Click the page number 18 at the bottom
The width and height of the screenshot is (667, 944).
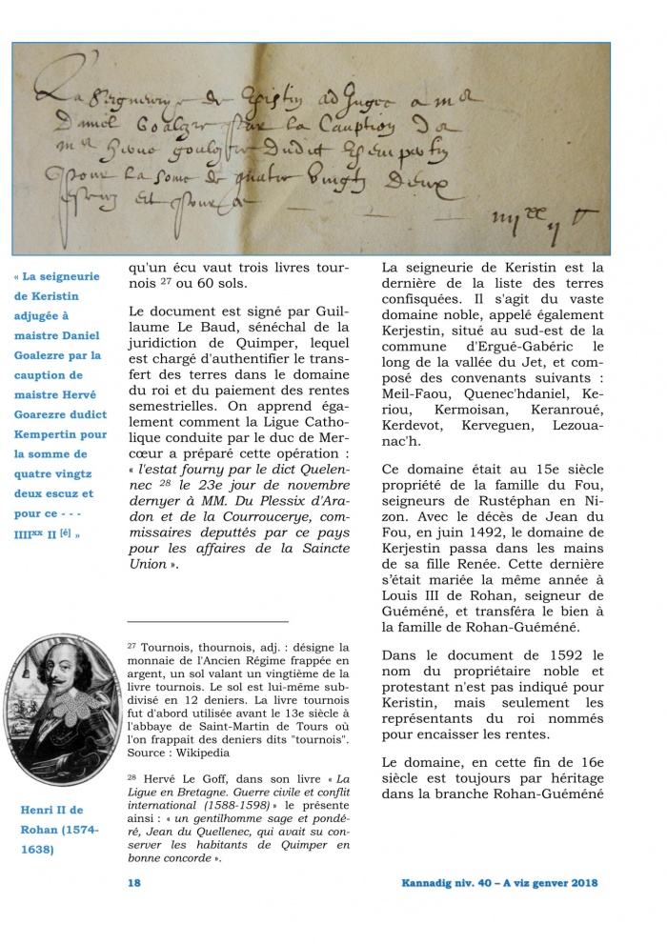click(x=134, y=882)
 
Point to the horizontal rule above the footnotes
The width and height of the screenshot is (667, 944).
click(x=207, y=621)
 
